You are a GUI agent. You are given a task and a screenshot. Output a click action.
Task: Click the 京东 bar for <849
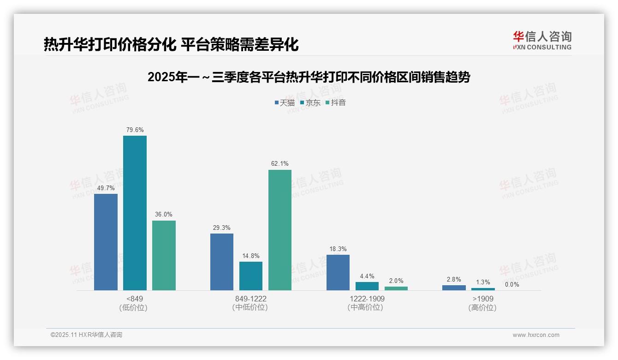click(x=135, y=213)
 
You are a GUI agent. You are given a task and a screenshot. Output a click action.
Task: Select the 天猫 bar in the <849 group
click(x=106, y=242)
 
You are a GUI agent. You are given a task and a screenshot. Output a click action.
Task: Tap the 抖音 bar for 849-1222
click(x=280, y=230)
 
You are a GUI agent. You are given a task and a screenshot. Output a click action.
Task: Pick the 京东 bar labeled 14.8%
click(x=251, y=276)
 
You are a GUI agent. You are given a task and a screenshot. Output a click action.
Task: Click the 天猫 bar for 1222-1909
click(x=338, y=272)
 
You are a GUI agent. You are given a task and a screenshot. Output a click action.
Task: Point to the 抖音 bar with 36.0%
click(x=164, y=255)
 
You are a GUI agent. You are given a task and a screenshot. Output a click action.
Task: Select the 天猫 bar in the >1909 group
click(x=454, y=288)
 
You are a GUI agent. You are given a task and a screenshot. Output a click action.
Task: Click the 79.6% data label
click(x=135, y=130)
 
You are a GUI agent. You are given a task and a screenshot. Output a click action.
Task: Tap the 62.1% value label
click(x=280, y=164)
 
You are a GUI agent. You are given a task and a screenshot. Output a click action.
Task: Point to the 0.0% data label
click(x=512, y=285)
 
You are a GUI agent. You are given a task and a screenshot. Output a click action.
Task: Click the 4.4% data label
click(x=367, y=276)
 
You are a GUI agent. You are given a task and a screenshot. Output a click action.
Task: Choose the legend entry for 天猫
click(x=285, y=102)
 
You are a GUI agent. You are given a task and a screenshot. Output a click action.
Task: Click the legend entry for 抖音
click(x=335, y=102)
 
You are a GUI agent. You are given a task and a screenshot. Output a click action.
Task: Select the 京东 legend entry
click(x=310, y=102)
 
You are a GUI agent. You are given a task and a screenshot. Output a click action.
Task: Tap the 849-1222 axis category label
click(x=250, y=299)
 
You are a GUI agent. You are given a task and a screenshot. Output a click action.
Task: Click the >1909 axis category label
click(x=482, y=299)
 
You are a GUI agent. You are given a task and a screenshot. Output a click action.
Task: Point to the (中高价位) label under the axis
click(x=365, y=307)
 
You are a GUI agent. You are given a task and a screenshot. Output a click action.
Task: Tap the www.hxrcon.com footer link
click(x=536, y=335)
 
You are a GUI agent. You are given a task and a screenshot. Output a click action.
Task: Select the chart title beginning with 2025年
click(x=309, y=77)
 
